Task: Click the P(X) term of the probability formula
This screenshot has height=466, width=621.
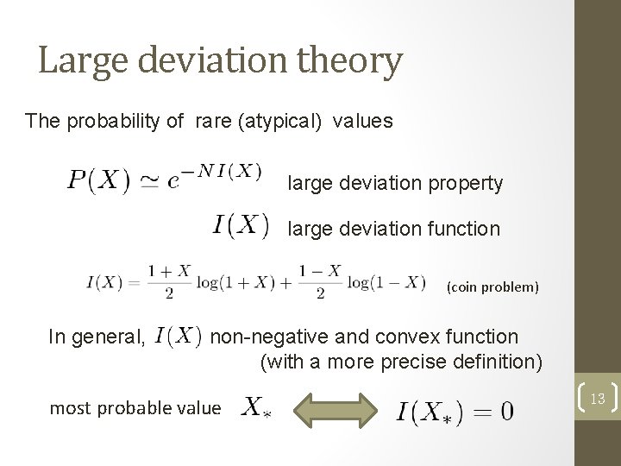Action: click(99, 182)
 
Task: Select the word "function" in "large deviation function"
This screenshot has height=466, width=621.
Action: click(462, 229)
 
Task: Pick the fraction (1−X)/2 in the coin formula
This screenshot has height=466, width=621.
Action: click(320, 282)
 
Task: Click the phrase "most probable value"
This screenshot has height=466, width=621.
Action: click(135, 408)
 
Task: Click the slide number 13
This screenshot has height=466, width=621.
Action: click(598, 397)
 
